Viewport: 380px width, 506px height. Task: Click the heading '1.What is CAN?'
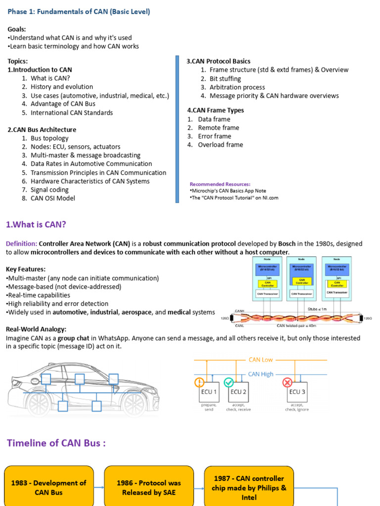36,225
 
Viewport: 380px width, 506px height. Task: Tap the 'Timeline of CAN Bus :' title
56,443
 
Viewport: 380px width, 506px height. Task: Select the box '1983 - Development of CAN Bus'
48,487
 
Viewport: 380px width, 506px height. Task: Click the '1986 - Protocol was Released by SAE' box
148,487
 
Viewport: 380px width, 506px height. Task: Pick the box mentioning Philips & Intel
249,488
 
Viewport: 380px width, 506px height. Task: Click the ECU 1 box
207,392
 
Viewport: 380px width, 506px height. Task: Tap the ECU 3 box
297,392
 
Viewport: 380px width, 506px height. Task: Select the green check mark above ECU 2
229,382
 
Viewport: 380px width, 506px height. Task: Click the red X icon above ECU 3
287,382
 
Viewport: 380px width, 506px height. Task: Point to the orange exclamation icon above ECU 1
199,382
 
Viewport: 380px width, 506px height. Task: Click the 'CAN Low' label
260,360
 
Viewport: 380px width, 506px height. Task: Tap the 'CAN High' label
261,374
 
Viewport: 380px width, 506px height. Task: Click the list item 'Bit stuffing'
225,79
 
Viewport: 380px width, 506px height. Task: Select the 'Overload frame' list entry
220,145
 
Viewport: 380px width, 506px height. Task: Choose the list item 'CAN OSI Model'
53,198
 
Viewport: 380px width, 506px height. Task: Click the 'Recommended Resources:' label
220,184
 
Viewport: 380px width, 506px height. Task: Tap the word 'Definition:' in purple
21,244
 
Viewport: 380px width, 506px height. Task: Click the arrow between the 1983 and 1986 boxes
99,488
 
